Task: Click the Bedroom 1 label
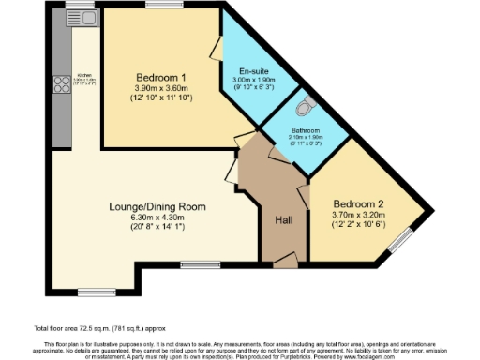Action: (154, 77)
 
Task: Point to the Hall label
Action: (285, 220)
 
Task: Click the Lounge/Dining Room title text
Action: (157, 205)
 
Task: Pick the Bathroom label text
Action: (305, 130)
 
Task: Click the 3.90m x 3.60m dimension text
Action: (154, 88)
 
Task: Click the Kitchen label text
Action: (83, 75)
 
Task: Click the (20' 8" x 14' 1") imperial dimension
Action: (157, 227)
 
